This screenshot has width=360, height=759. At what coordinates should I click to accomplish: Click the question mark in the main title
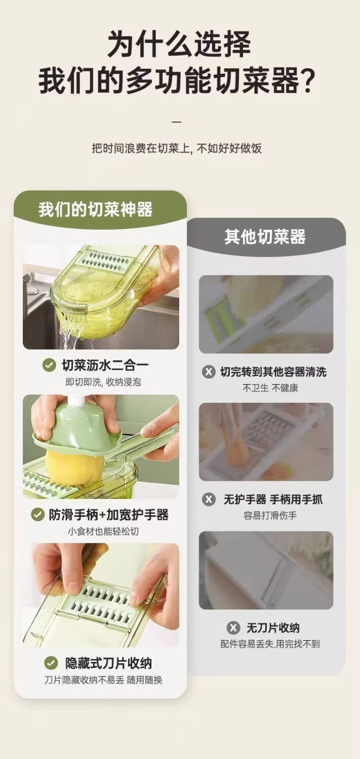308,81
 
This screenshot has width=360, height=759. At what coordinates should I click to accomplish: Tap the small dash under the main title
177,121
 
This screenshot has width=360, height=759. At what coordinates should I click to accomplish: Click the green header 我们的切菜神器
95,209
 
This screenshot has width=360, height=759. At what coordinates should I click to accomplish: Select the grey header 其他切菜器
265,236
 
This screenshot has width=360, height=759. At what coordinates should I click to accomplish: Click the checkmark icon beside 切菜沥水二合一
49,365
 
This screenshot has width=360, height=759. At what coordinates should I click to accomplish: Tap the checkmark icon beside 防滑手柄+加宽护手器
37,515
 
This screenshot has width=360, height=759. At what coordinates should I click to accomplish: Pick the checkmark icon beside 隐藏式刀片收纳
51,663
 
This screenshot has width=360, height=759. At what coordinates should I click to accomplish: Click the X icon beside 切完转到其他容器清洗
209,372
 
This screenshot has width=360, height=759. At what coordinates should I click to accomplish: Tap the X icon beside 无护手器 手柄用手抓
209,499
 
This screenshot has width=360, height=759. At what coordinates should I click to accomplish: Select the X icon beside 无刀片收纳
233,628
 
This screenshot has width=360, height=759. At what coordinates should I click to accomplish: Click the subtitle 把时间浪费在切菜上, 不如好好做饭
177,148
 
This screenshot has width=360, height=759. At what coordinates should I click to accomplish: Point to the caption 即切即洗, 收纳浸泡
103,382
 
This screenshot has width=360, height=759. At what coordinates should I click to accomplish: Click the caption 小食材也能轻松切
103,531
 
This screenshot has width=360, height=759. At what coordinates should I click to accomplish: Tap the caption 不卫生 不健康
270,388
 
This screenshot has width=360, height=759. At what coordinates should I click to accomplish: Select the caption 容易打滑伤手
270,516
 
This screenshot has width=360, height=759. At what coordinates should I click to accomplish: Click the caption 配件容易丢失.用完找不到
270,644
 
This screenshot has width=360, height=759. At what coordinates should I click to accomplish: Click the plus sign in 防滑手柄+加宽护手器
102,515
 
